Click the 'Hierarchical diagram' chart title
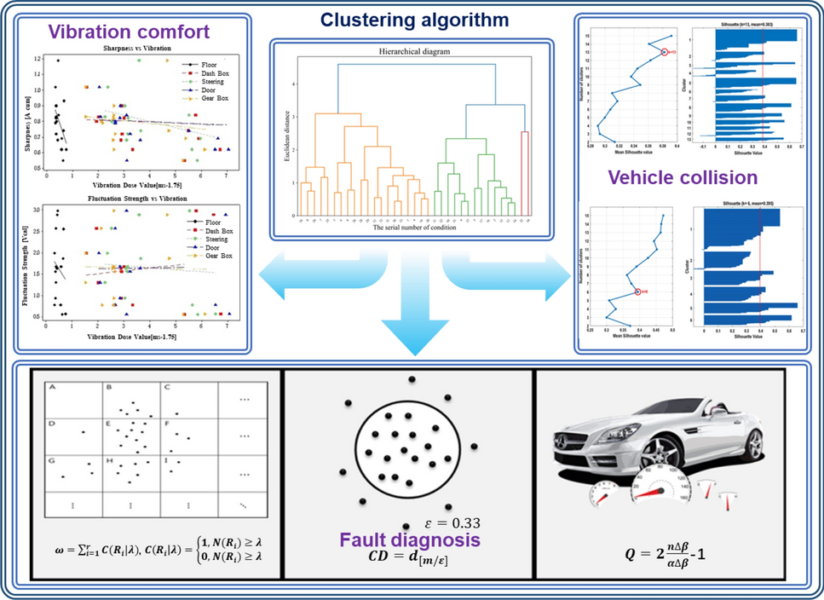pos(402,51)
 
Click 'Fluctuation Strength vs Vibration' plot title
pos(135,199)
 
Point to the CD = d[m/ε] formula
pos(406,559)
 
